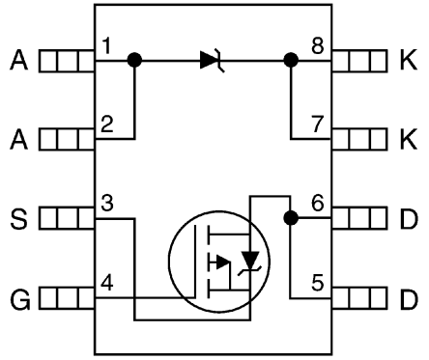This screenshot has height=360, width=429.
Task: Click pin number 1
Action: (x=107, y=46)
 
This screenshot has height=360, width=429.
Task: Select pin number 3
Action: (x=107, y=205)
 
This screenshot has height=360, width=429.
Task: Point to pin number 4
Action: (x=107, y=284)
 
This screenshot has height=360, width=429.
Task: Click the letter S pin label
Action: (x=17, y=219)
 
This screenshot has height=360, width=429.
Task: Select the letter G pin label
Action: (x=17, y=298)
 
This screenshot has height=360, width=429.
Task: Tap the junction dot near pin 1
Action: (x=135, y=61)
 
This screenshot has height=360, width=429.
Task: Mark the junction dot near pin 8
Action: (x=289, y=61)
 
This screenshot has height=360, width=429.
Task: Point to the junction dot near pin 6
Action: (x=289, y=219)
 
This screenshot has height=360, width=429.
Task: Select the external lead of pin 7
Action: (x=361, y=140)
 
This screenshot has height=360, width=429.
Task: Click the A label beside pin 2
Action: (x=17, y=140)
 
